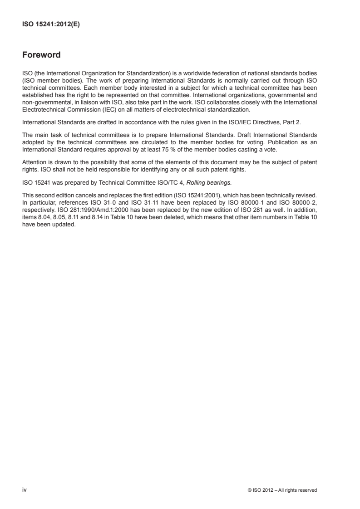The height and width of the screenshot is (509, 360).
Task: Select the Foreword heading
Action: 41,56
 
